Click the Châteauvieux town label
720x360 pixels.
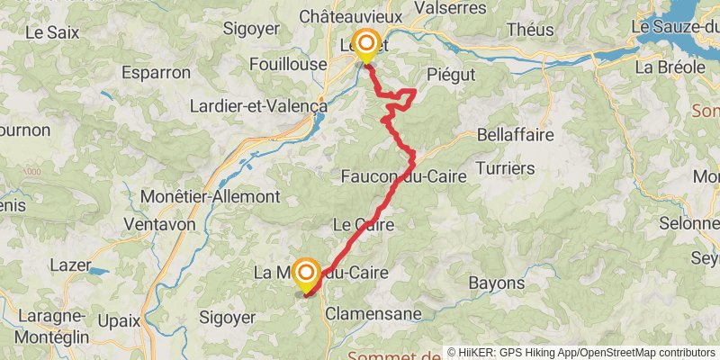[x=362, y=16]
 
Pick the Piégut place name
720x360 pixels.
[x=450, y=74]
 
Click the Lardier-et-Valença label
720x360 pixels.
[x=257, y=105]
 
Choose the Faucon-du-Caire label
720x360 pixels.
[x=404, y=177]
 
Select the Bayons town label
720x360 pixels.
[x=497, y=283]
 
